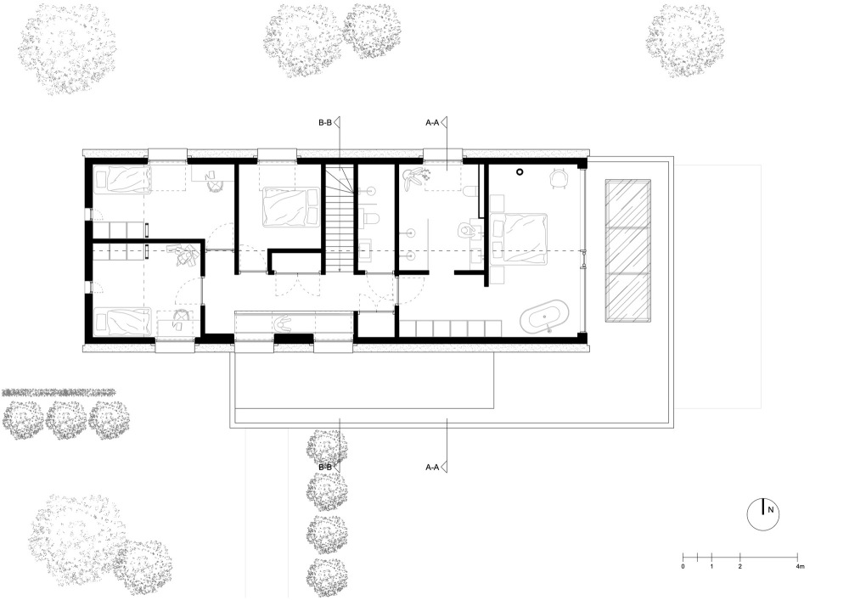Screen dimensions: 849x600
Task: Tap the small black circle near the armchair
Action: click(520, 172)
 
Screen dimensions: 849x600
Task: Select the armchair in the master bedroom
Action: click(559, 178)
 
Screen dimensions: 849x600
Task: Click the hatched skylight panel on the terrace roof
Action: click(627, 251)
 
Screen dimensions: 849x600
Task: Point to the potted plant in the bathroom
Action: click(414, 177)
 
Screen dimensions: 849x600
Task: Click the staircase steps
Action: click(340, 219)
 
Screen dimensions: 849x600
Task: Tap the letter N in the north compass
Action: click(771, 510)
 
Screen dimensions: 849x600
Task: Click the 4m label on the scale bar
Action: click(800, 566)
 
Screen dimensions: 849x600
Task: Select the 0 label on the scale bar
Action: click(683, 566)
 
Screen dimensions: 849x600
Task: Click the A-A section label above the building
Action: click(432, 123)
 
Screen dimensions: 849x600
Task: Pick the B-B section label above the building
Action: click(325, 123)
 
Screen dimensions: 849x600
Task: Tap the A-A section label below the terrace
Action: click(432, 467)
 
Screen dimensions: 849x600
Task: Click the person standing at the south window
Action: click(284, 323)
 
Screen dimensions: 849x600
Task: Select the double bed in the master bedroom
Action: click(518, 238)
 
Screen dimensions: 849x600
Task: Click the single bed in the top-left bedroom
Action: click(121, 180)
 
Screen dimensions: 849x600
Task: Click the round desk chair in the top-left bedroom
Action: click(215, 184)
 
